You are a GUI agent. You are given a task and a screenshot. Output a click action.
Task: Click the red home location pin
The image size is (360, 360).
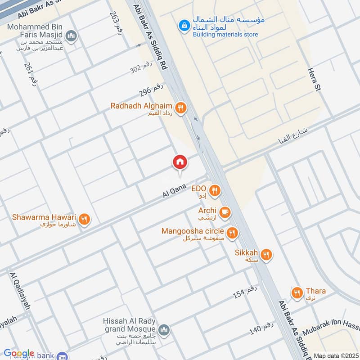(x=180, y=162)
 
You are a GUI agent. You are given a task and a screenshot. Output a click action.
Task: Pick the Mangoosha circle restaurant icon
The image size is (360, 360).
(x=232, y=233)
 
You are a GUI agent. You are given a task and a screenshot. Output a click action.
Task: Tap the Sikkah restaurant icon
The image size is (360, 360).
(x=266, y=255)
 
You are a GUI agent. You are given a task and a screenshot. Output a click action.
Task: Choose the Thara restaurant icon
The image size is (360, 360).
(x=297, y=293)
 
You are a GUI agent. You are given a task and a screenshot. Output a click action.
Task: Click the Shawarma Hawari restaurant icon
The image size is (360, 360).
(x=84, y=220)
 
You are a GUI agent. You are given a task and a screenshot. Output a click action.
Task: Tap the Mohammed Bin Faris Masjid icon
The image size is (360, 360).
(x=71, y=36)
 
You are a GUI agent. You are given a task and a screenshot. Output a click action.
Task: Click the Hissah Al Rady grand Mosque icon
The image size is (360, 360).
(x=164, y=330)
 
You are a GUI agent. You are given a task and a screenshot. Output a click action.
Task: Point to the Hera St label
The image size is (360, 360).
(x=314, y=79)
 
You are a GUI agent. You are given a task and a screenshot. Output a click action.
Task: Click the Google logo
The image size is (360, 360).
(x=19, y=354)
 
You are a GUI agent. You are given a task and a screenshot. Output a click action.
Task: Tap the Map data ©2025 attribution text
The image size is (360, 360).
(x=335, y=355)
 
